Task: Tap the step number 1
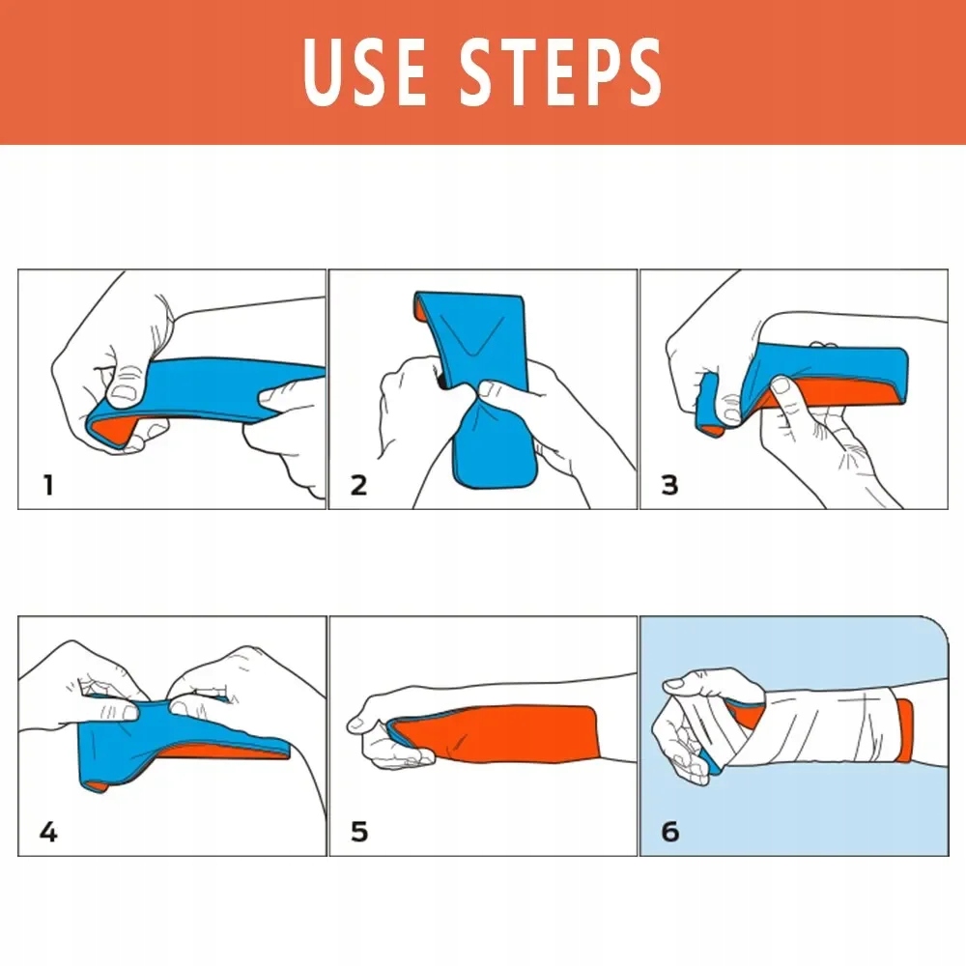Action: [48, 485]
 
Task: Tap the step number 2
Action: [358, 485]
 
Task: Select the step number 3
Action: [669, 485]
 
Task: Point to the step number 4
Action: [48, 832]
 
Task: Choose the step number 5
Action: [359, 832]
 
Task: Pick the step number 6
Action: [670, 832]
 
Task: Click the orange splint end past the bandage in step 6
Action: [904, 730]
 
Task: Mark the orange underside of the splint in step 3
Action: [832, 391]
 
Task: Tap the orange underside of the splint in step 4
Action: [222, 752]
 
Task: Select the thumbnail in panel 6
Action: [673, 683]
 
